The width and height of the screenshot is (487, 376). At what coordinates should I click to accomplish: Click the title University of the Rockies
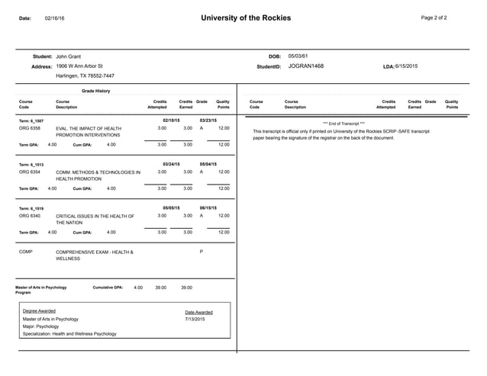245,18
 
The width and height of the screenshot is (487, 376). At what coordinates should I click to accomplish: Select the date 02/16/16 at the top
55,18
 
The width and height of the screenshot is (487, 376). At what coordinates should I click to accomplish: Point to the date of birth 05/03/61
298,56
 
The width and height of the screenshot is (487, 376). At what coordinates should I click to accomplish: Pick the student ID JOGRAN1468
305,66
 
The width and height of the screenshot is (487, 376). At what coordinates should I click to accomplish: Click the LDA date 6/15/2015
406,66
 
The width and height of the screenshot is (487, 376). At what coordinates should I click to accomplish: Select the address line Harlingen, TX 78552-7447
85,76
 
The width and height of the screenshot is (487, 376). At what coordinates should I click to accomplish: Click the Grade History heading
95,91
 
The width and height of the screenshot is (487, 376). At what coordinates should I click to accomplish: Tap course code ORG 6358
30,128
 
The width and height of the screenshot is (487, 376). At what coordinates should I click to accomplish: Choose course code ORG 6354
30,172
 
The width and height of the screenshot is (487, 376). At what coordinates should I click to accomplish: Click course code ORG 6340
30,216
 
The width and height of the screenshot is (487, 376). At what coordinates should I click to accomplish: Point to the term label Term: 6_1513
31,164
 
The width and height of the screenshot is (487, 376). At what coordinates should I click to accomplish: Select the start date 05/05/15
171,207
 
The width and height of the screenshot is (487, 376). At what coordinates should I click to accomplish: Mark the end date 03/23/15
208,120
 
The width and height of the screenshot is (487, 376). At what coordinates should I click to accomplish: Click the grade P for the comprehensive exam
201,252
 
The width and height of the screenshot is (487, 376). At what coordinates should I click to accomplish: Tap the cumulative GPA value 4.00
138,288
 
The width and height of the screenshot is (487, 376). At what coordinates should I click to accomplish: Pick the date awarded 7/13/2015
195,319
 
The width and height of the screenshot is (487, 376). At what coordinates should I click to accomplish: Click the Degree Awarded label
39,311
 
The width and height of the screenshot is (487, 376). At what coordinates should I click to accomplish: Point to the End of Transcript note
343,123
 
